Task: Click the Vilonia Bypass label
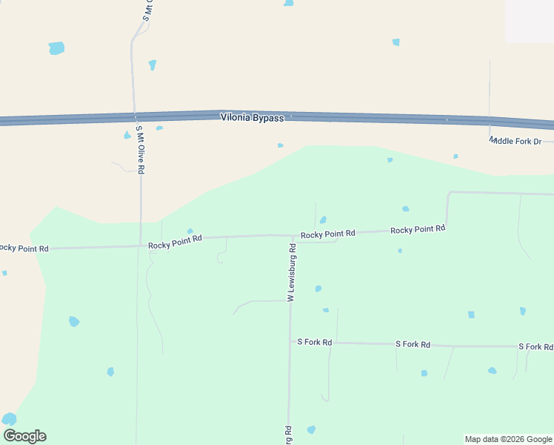(x=252, y=118)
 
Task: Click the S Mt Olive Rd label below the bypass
(x=139, y=150)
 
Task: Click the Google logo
(x=24, y=436)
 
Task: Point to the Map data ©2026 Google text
(x=508, y=439)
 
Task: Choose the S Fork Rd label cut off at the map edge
(x=535, y=346)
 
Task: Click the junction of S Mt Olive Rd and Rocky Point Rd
(x=141, y=245)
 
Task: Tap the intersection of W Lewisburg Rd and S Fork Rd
(x=290, y=342)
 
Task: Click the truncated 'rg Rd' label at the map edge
(x=288, y=435)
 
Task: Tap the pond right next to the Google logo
(x=9, y=419)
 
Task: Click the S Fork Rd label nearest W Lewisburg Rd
(x=315, y=343)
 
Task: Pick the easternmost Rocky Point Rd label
(x=418, y=229)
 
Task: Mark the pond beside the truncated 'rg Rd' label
(x=311, y=429)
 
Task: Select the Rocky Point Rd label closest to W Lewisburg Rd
(x=327, y=234)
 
